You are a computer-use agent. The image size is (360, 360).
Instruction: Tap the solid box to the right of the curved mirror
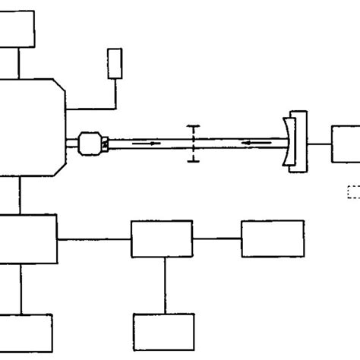pos(346,144)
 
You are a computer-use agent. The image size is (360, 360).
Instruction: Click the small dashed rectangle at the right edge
pos(353,192)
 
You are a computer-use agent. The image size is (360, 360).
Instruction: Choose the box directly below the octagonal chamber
pos(28,238)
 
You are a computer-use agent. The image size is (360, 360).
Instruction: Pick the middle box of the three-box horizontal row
pos(162,239)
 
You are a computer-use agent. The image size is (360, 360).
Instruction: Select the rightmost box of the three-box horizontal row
pos(273,238)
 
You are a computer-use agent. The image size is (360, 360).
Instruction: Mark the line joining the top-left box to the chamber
pos(21,63)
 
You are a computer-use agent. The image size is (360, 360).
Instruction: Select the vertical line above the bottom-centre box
pos(165,285)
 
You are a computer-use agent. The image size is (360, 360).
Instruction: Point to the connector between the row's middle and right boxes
pos(217,239)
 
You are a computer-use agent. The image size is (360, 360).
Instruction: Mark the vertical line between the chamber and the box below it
pos(21,197)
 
